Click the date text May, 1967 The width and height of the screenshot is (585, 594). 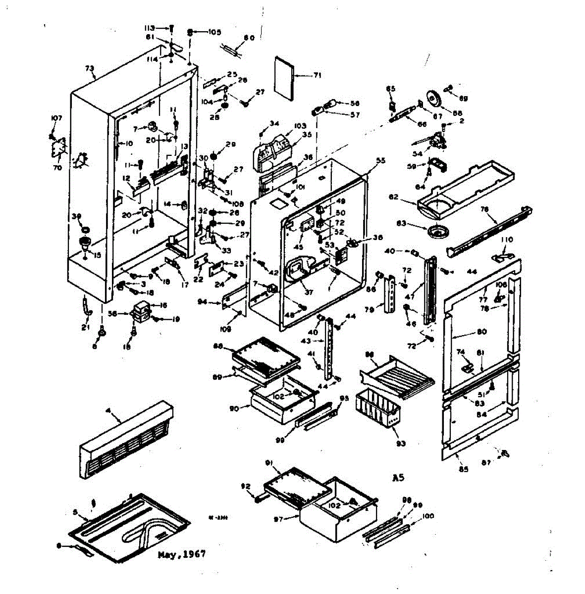click(181, 554)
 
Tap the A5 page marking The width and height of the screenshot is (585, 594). click(398, 478)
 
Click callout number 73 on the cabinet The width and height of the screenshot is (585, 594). click(90, 69)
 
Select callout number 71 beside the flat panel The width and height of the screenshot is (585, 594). click(317, 76)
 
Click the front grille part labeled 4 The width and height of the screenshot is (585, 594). click(126, 441)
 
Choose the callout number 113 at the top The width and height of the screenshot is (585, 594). click(150, 28)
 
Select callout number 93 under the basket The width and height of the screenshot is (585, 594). click(401, 444)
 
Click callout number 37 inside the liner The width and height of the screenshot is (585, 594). click(309, 292)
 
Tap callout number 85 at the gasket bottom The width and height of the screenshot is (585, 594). click(463, 469)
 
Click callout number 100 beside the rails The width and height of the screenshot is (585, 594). click(428, 516)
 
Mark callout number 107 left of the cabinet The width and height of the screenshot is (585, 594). click(56, 118)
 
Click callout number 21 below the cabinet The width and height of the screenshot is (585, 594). click(85, 328)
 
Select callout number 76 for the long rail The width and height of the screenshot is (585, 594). click(484, 209)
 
